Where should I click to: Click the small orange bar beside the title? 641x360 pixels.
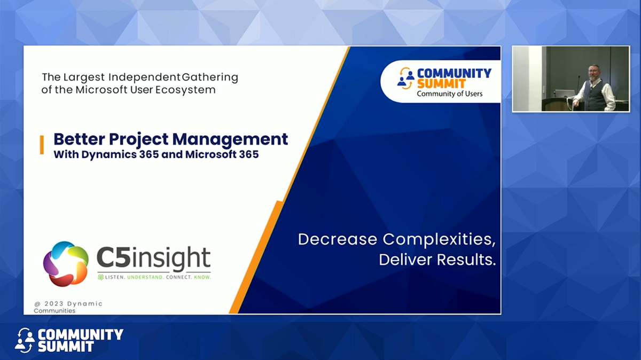[42, 145]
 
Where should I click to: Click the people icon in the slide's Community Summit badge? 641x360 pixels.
[406, 79]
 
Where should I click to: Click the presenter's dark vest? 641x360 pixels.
[593, 96]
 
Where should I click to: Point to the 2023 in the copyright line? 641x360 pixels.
[55, 304]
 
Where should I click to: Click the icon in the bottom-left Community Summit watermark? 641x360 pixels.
[25, 340]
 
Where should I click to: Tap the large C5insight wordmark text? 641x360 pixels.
[154, 259]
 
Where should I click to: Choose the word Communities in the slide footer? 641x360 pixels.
[54, 311]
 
